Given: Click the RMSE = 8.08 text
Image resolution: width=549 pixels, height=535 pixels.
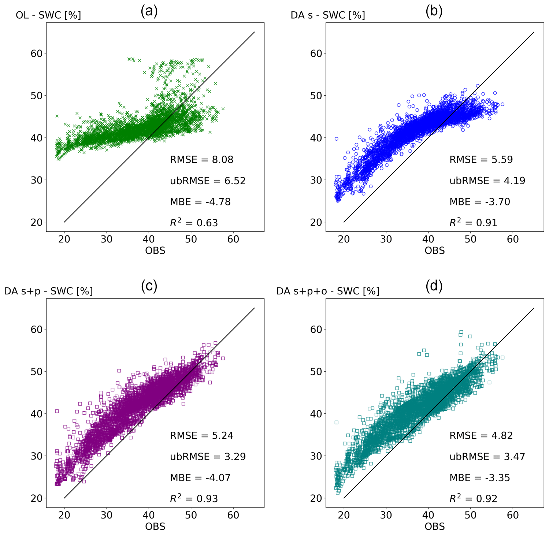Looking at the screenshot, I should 201,160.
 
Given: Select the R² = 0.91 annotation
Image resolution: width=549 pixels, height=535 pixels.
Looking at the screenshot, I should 473,223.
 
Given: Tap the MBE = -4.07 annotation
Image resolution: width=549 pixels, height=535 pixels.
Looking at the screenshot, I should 200,478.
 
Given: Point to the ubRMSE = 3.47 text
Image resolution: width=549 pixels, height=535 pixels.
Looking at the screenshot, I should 487,457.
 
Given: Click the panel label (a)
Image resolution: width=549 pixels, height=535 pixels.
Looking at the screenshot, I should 149,12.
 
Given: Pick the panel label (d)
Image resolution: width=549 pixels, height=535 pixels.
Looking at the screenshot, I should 434,286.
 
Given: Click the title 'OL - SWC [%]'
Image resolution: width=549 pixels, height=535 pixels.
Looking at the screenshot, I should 48,15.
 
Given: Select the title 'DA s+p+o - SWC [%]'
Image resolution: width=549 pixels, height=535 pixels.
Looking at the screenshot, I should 328,291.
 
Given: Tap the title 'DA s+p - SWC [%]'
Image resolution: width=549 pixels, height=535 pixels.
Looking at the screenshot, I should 48,291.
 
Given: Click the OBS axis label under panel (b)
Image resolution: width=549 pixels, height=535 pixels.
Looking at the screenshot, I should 435,250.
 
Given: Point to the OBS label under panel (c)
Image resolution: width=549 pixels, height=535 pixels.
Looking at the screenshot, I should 155,526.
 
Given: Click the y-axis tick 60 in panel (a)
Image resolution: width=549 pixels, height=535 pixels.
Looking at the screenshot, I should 37,53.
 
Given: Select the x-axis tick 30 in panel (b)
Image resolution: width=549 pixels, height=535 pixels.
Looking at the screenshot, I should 386,239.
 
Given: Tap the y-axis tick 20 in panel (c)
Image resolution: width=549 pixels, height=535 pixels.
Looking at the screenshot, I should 37,498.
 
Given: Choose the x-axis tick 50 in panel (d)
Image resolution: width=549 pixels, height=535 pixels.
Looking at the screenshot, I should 471,515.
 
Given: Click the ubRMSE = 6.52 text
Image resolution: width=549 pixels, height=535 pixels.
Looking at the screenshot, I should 208,181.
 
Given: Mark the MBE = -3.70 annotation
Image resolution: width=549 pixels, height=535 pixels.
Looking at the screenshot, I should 480,202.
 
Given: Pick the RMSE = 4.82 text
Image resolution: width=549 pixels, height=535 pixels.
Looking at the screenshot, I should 481,435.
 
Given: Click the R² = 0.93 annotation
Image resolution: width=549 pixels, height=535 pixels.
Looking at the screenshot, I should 194,498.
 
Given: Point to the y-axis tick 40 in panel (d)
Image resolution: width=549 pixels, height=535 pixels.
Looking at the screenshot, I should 316,414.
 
